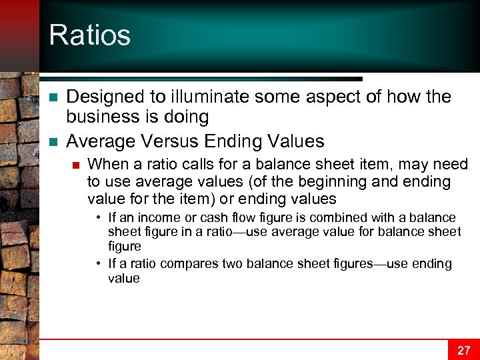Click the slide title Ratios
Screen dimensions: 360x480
click(x=89, y=35)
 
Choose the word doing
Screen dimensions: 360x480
click(x=189, y=117)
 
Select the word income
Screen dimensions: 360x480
click(x=157, y=218)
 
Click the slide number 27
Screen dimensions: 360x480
click(x=463, y=349)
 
